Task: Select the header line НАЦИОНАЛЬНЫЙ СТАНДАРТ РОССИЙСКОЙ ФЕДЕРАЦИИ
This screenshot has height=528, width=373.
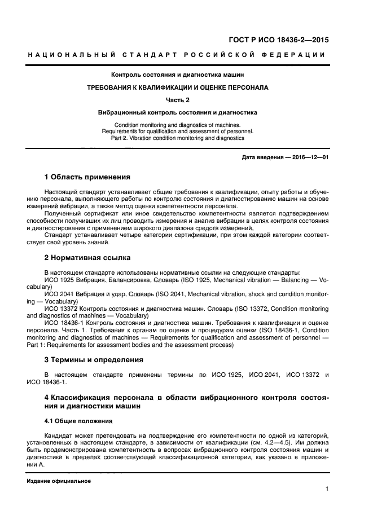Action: pyautogui.click(x=177, y=55)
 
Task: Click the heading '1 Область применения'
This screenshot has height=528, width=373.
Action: pyautogui.click(x=87, y=177)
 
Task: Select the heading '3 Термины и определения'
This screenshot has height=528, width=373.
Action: pyautogui.click(x=94, y=359)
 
